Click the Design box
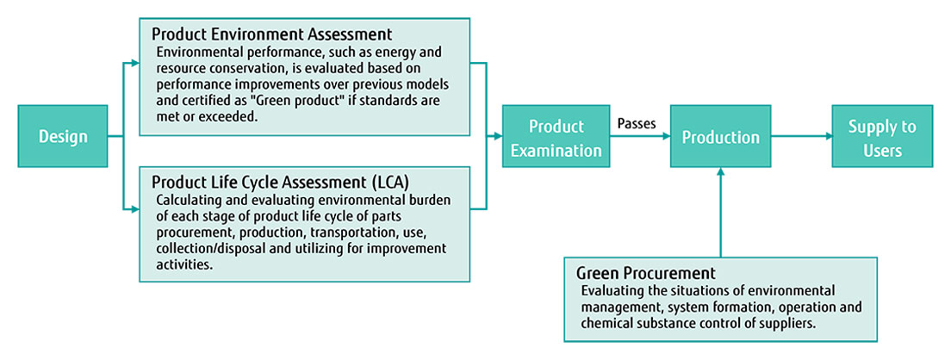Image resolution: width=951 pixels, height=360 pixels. (63, 136)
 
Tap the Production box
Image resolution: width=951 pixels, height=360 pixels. (721, 137)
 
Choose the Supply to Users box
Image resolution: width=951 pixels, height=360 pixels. (881, 138)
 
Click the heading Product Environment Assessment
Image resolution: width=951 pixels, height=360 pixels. (272, 34)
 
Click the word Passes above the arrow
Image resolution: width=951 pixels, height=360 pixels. (637, 123)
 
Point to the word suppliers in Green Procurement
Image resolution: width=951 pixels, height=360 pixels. (787, 322)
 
